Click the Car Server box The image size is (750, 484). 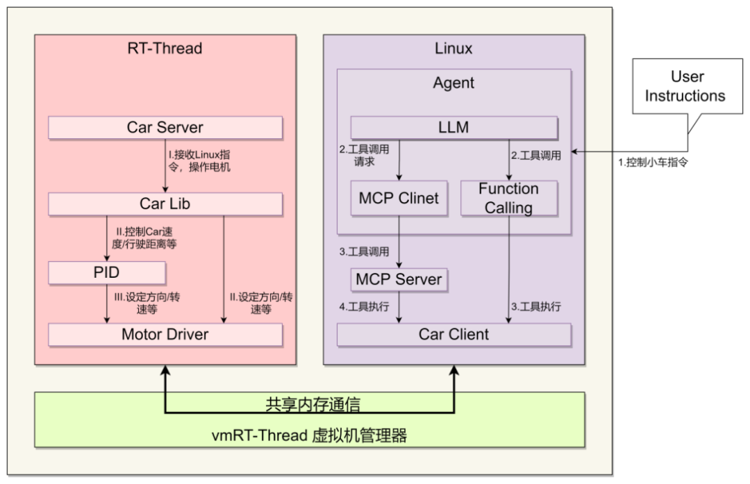165,128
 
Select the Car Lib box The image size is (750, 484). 165,204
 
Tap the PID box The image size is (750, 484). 107,273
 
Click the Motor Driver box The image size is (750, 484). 165,335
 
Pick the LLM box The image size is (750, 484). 453,128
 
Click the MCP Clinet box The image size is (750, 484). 399,198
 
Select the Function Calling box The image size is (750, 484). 508,198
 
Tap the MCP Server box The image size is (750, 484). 399,280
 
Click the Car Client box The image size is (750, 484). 453,335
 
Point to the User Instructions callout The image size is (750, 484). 685,87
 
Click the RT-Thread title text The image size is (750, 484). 165,49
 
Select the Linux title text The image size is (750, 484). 453,49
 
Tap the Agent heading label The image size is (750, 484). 453,83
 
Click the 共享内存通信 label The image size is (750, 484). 312,404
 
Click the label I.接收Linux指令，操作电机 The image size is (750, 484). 201,160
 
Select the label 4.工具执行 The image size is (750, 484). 364,306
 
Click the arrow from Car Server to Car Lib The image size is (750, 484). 165,166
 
